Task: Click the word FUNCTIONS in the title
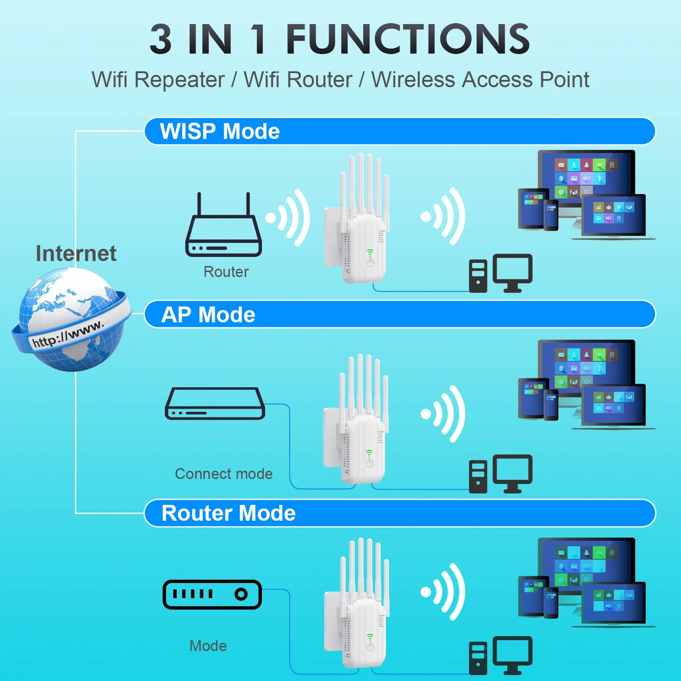[408, 40]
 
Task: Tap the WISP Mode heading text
[220, 131]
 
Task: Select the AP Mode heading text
[208, 314]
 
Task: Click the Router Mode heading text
[228, 513]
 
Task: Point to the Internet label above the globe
[76, 254]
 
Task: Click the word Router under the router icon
[226, 272]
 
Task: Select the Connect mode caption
[223, 474]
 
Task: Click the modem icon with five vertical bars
[212, 594]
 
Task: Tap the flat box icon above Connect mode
[215, 404]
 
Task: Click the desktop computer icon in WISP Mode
[500, 274]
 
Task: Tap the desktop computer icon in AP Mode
[500, 474]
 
